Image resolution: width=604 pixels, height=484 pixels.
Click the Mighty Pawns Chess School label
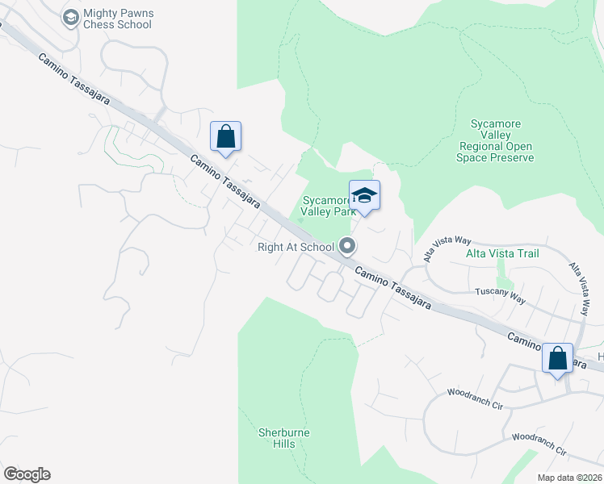point(118,19)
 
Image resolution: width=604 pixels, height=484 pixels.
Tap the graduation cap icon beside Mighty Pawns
point(70,17)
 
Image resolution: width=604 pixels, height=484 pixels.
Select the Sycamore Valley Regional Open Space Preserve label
point(497,141)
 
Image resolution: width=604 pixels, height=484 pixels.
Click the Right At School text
point(296,247)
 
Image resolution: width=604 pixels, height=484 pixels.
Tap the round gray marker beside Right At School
point(348,245)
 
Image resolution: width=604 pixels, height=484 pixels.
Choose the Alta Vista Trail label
point(502,253)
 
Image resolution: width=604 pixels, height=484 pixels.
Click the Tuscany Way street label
point(501,295)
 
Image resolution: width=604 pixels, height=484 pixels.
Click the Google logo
point(27,474)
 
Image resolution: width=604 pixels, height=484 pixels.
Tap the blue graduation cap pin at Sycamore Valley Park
point(365,195)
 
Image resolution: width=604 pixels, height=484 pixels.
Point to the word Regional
point(486,147)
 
